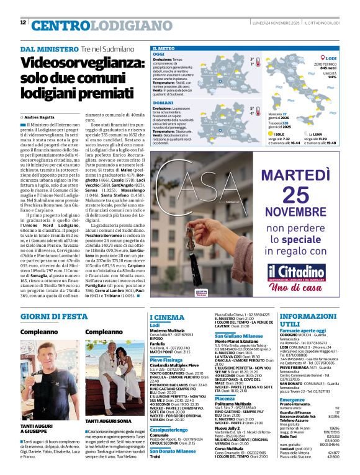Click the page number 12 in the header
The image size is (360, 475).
click(x=23, y=23)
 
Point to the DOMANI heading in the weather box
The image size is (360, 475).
click(x=163, y=102)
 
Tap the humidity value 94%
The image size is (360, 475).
click(x=332, y=77)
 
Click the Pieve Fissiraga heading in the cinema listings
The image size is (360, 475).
click(x=169, y=360)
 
